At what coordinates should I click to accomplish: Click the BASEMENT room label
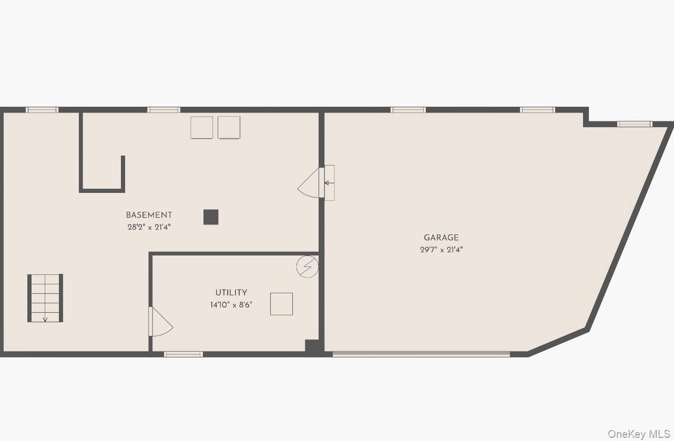pyautogui.click(x=149, y=215)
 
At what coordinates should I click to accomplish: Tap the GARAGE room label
pyautogui.click(x=441, y=238)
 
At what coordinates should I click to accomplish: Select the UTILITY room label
pyautogui.click(x=231, y=293)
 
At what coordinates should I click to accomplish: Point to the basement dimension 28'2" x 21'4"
pyautogui.click(x=149, y=227)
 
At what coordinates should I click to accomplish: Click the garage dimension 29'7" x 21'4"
pyautogui.click(x=441, y=250)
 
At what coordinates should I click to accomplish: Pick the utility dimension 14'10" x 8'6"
pyautogui.click(x=231, y=305)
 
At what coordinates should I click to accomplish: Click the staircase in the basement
pyautogui.click(x=45, y=298)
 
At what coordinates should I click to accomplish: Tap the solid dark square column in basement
pyautogui.click(x=211, y=217)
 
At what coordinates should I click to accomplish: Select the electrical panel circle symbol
pyautogui.click(x=307, y=266)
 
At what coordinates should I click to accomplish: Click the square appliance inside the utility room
pyautogui.click(x=281, y=304)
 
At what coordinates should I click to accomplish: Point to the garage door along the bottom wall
pyautogui.click(x=421, y=354)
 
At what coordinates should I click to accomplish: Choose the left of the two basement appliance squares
pyautogui.click(x=201, y=128)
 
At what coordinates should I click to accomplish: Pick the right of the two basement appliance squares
pyautogui.click(x=229, y=128)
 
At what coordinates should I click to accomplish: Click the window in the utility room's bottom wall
pyautogui.click(x=183, y=354)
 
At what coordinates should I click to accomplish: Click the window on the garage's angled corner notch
pyautogui.click(x=635, y=124)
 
